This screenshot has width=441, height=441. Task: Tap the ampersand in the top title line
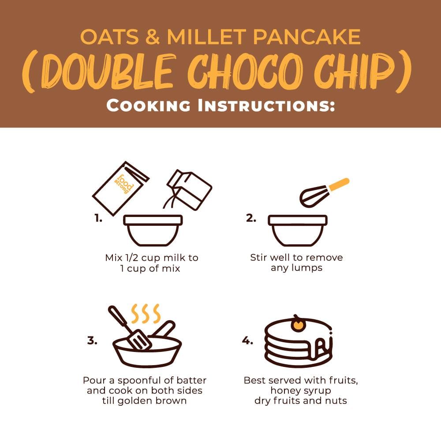point(153,37)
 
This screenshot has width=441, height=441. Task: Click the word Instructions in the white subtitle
point(266,106)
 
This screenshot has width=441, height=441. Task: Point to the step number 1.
point(98,218)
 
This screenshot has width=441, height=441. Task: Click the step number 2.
point(251,218)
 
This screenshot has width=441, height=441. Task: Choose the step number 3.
point(92,340)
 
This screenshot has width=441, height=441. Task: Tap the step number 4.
point(247,340)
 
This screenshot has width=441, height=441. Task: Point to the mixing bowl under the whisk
point(298,231)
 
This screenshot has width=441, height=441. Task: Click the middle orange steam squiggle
point(146,314)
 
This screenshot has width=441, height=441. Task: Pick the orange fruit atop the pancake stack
point(298,325)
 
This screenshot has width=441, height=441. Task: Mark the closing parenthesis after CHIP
point(403,71)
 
